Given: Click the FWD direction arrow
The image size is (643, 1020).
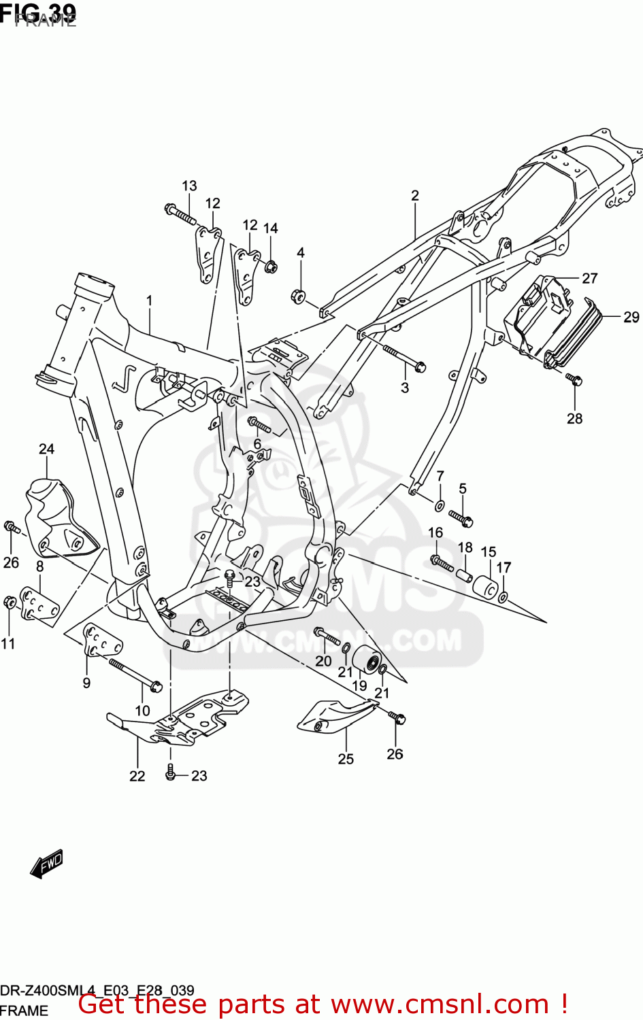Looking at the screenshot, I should click(x=46, y=864).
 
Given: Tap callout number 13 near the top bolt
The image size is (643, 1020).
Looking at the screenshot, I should click(x=189, y=186).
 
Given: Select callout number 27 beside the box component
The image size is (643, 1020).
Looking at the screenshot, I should click(x=589, y=278).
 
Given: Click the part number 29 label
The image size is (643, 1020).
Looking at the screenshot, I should click(x=631, y=317).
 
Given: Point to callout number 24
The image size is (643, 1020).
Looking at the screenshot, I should click(x=46, y=449).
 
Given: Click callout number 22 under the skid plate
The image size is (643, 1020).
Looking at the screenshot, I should click(x=137, y=776).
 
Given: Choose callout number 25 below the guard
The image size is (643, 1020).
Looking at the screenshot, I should click(x=346, y=759).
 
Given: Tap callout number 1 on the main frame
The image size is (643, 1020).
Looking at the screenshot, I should click(x=149, y=301).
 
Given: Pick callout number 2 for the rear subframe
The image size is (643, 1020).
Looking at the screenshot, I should click(x=415, y=196).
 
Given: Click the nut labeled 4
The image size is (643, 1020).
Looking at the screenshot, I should click(x=298, y=296).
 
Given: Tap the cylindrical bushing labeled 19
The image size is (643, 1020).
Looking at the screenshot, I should click(x=367, y=660).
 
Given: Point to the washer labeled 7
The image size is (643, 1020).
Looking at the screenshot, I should click(x=440, y=505).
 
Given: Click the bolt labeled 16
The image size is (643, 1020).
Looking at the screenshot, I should click(x=442, y=562).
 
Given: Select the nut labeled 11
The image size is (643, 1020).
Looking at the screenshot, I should click(x=10, y=602).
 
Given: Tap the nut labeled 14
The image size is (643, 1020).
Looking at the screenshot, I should click(x=271, y=266).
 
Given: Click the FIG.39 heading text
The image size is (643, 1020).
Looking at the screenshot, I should click(x=38, y=12).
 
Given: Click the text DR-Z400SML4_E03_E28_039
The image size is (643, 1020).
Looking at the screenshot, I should click(x=97, y=990).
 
